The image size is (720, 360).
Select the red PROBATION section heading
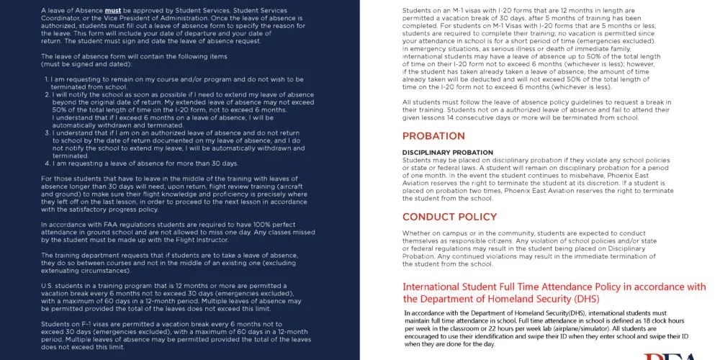point(433,136)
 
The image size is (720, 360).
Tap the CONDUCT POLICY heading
point(449,217)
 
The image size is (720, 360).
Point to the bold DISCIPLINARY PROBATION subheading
point(447,153)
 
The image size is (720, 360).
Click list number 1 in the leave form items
point(47,78)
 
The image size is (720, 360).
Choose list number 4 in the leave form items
point(47,163)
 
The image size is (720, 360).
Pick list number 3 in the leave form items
point(47,132)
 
